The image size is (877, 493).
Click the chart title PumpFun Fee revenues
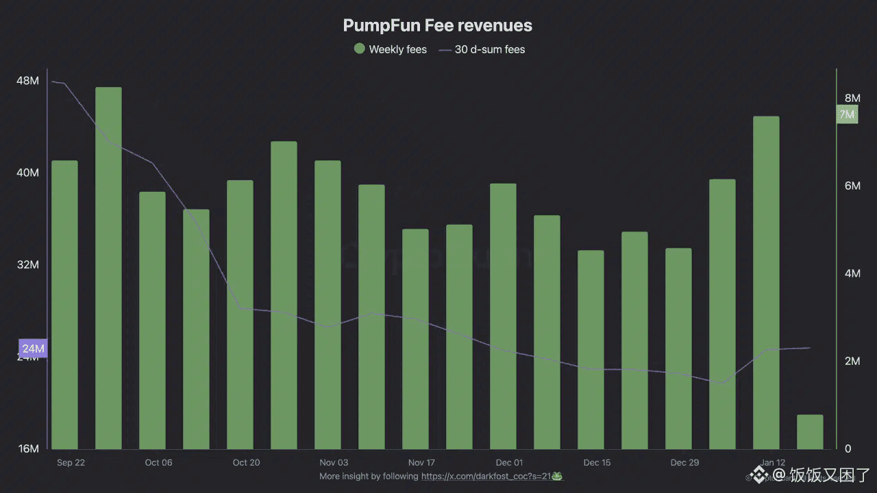click(437, 26)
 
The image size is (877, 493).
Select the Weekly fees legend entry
click(390, 49)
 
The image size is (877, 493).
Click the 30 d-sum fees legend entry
click(482, 49)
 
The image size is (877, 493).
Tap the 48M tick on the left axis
click(27, 81)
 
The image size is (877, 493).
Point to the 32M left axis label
click(27, 265)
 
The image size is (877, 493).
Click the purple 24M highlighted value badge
click(33, 349)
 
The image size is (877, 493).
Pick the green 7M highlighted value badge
click(847, 114)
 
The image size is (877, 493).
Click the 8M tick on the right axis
click(852, 99)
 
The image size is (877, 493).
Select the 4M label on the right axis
click(852, 274)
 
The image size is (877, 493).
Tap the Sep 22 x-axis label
click(71, 463)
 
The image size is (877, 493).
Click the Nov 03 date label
click(334, 463)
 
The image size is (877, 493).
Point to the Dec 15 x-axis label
click(597, 463)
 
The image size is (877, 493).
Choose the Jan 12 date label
click(772, 463)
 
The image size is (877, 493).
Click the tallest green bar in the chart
click(108, 267)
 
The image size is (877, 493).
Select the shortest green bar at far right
click(810, 431)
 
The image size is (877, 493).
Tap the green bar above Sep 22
click(64, 305)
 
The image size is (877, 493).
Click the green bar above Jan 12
click(766, 282)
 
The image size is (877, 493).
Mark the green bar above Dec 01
click(503, 316)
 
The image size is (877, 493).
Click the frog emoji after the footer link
click(558, 476)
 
